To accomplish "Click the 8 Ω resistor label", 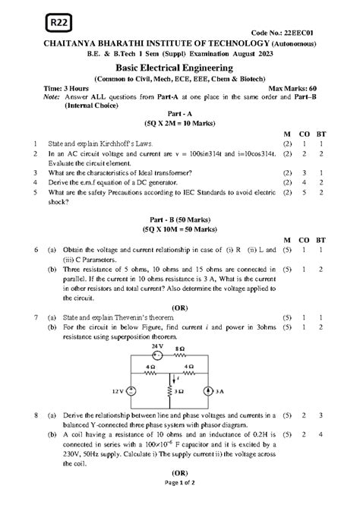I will click(x=180, y=346).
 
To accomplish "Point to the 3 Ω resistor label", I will click(x=178, y=391).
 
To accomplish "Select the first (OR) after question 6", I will click(x=180, y=307).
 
